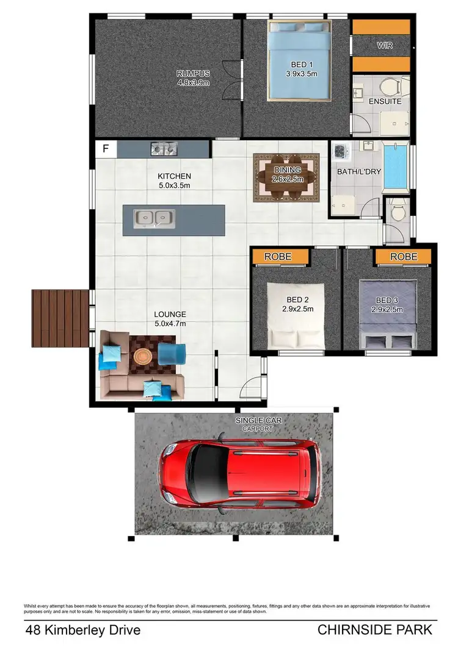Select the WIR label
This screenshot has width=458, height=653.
385,46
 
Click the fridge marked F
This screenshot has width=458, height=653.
105,149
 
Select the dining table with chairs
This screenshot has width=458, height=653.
287,177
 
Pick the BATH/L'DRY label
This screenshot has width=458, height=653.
359,171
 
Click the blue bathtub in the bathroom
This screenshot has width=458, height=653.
397,166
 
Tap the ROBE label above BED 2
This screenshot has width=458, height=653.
278,257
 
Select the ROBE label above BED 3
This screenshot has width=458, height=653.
404,257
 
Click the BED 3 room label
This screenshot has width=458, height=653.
388,300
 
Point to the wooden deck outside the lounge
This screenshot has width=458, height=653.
60,318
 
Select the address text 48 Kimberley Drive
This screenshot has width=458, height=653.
83,630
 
